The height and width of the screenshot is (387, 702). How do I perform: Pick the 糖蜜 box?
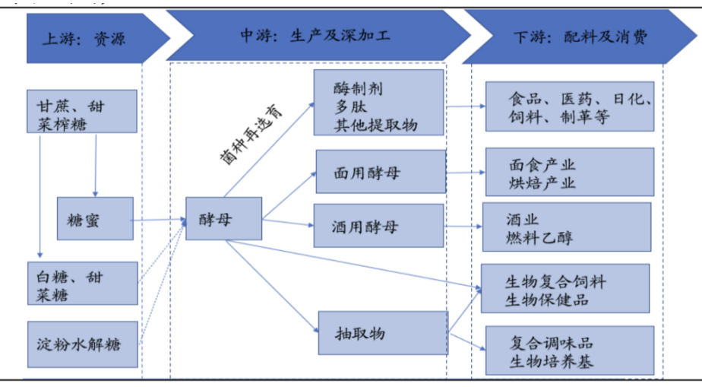pos(95,219)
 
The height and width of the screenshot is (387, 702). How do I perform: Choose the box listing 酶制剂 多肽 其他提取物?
pos(378,103)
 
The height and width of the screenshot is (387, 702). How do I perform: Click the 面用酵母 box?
pos(379,172)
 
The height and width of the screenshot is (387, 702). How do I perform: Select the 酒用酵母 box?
pos(378,226)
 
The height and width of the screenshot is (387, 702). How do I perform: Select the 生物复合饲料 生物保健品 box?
pos(566,289)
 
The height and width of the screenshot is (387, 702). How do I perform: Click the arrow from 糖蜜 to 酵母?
pos(160,220)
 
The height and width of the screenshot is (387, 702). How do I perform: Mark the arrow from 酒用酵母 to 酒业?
pos(463,227)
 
